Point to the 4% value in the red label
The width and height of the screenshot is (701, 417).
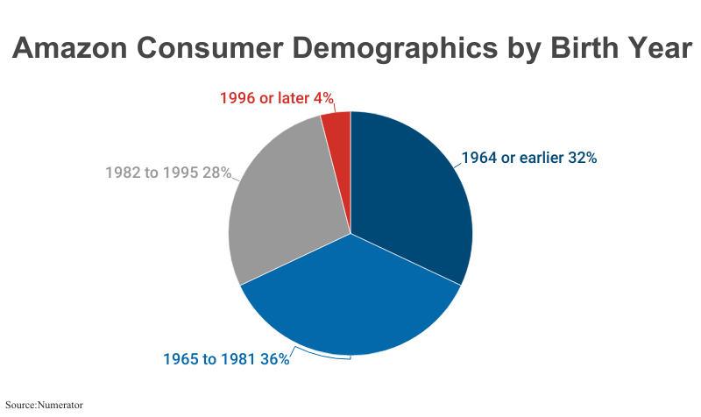click(x=322, y=98)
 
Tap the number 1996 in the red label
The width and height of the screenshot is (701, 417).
click(x=237, y=98)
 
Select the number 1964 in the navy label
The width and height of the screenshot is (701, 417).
click(x=478, y=159)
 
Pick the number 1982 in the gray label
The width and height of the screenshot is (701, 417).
click(x=123, y=173)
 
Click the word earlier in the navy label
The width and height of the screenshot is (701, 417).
click(x=542, y=159)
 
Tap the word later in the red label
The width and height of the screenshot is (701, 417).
click(x=290, y=98)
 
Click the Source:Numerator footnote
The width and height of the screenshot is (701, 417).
click(x=37, y=405)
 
